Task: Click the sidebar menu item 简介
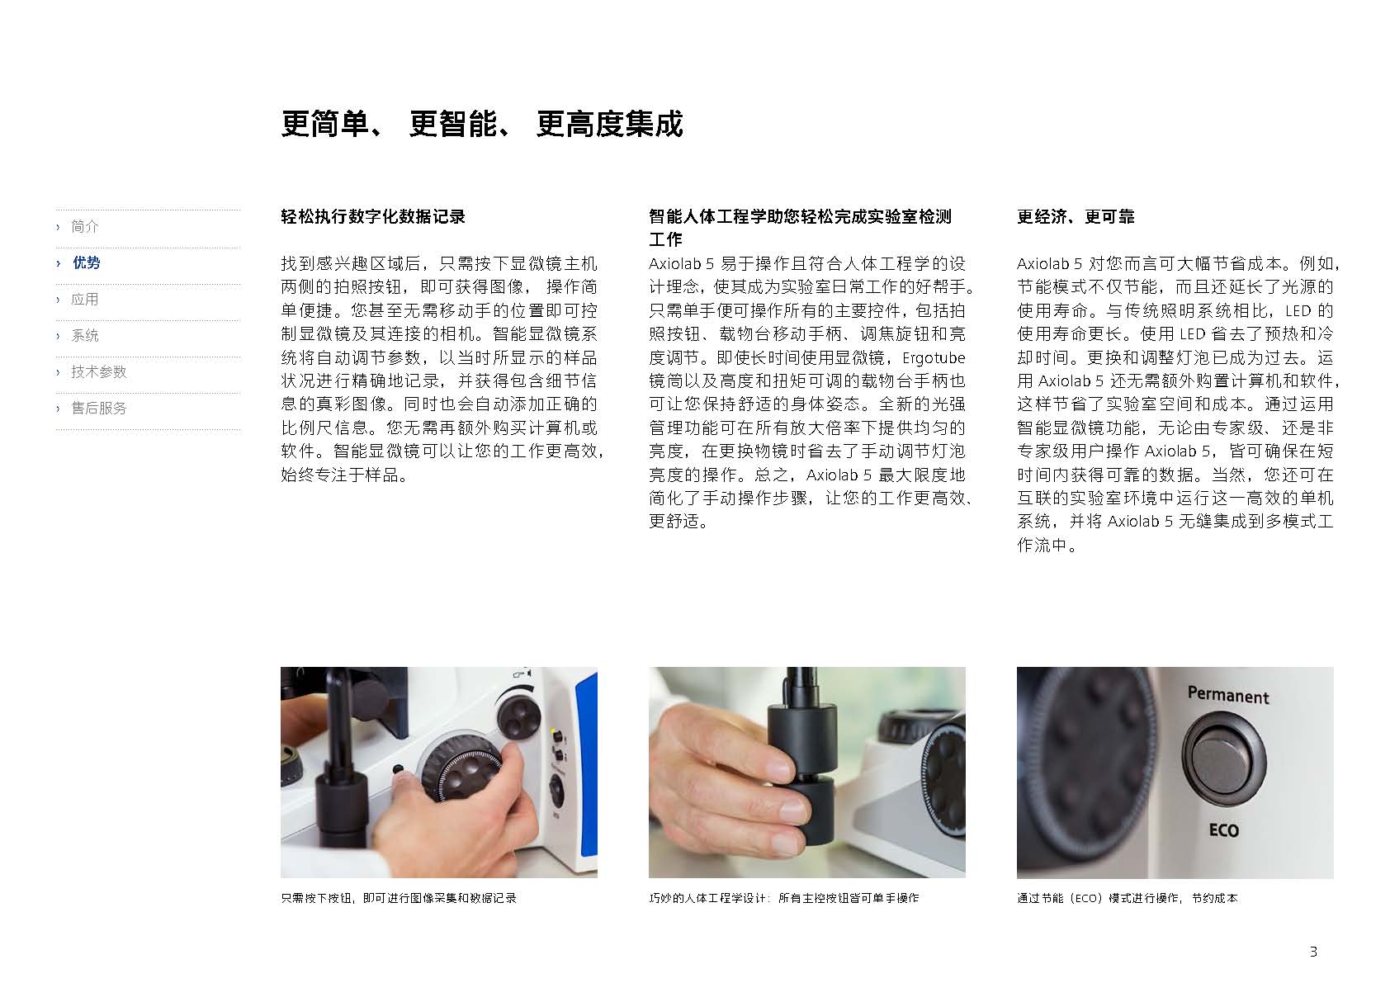coord(84,226)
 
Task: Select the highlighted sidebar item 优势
coord(86,262)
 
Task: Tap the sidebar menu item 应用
coord(84,299)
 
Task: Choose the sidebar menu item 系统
coord(84,336)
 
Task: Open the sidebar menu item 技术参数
coord(99,371)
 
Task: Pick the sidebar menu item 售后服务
coord(99,409)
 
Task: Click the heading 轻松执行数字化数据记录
coord(373,216)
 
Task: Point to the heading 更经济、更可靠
coord(1076,216)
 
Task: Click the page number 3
coord(1313,952)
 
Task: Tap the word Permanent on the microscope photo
coord(1228,695)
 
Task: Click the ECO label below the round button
coord(1224,829)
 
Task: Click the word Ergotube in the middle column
coord(934,358)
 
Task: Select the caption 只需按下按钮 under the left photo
coord(399,898)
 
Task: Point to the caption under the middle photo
coord(784,898)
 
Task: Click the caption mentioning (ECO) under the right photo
coord(1127,898)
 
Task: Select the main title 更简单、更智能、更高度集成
coord(481,124)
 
